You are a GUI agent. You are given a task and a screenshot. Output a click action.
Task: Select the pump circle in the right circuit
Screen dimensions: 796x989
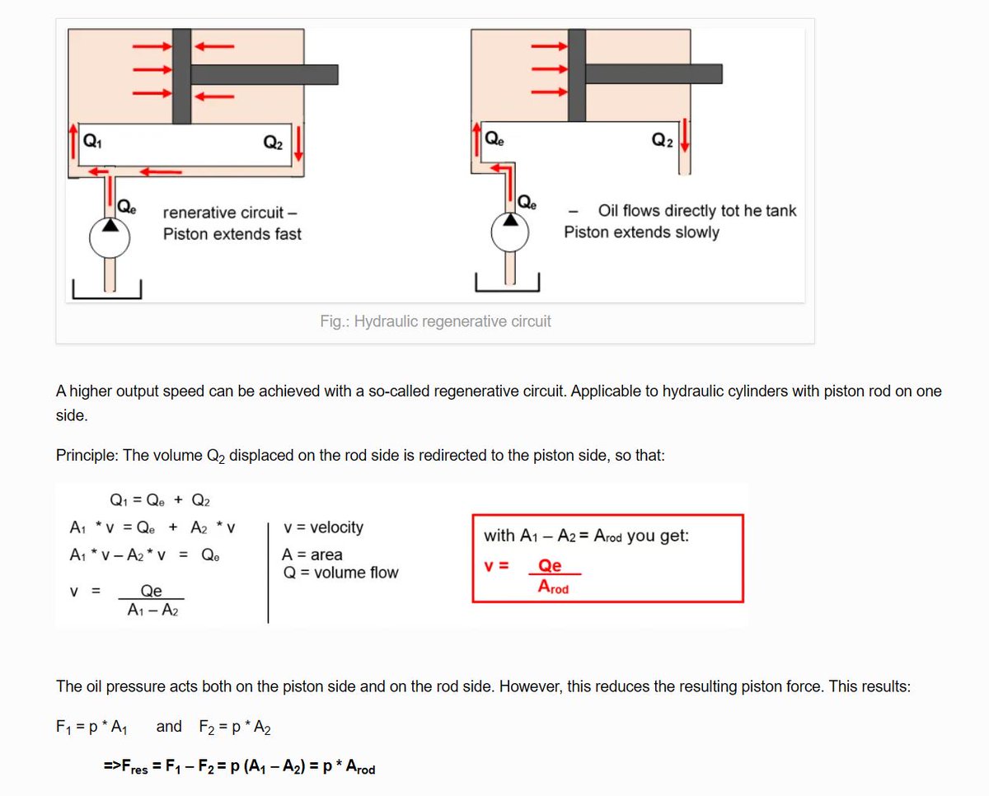point(512,233)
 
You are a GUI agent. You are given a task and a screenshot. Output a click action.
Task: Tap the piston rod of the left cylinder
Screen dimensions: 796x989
point(264,74)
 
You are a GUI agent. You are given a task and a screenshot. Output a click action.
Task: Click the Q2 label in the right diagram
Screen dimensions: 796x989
point(662,140)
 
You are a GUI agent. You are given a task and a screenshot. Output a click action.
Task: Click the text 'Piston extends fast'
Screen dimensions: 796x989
point(232,234)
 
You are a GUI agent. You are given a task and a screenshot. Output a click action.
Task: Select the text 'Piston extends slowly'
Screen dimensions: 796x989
point(641,232)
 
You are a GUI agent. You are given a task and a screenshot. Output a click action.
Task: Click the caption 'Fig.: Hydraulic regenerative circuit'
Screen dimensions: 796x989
point(435,321)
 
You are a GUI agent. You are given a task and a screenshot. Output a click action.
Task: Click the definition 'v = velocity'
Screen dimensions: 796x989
point(322,527)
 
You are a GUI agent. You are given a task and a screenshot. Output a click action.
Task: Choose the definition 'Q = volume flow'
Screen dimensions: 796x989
point(340,573)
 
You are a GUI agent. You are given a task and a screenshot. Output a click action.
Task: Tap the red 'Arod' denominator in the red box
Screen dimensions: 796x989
point(553,588)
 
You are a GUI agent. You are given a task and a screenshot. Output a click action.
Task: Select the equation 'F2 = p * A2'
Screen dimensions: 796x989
point(235,727)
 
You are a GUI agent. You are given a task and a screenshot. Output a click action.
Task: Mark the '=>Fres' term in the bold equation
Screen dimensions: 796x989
point(126,768)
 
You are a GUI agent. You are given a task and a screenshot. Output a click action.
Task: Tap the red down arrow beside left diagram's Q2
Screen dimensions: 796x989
point(298,143)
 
